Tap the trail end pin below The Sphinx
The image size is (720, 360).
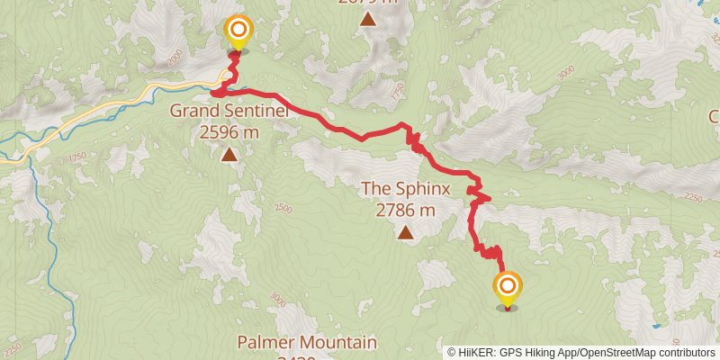508,289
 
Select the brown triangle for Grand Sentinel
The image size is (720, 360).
229,155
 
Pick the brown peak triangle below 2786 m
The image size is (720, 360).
406,234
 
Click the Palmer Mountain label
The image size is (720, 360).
307,342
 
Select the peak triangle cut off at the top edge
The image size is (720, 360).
367,18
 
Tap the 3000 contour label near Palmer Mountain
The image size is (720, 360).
276,299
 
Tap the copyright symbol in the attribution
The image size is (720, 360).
452,352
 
